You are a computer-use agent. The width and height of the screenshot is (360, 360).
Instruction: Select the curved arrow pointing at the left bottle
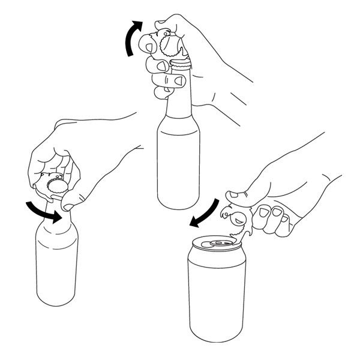coord(42,212)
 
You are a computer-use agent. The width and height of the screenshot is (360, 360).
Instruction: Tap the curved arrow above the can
coord(204,212)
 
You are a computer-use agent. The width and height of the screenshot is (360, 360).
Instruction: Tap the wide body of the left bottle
coord(56,264)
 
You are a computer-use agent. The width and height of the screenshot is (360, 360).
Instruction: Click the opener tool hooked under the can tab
coord(237,225)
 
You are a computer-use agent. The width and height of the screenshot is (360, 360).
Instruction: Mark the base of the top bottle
coord(178,204)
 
